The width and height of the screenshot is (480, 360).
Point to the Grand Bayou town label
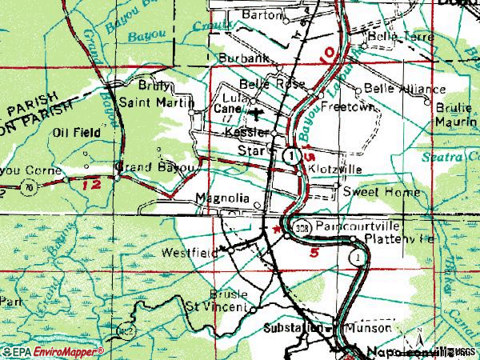tap(155, 168)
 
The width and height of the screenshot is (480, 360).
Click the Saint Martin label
tap(156, 102)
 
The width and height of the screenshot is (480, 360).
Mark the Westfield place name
tap(190, 253)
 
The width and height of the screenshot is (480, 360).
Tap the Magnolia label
tap(222, 198)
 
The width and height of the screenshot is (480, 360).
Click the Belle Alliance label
tap(394, 87)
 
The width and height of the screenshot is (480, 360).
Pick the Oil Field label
tap(76, 132)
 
